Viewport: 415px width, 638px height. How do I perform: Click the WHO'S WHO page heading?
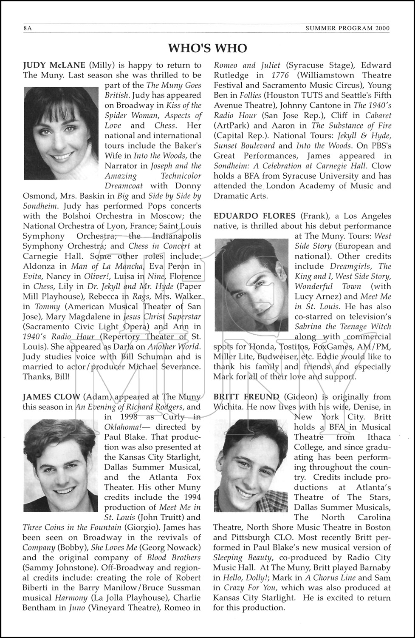pyautogui.click(x=207, y=48)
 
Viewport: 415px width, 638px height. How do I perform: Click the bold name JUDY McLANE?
pyautogui.click(x=54, y=65)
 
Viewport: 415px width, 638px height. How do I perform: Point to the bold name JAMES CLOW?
pyautogui.click(x=51, y=397)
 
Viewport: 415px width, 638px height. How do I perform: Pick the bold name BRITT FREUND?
pyautogui.click(x=246, y=397)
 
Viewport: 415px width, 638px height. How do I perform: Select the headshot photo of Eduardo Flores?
pyautogui.click(x=252, y=285)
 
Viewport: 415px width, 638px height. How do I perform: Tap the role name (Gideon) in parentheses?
pyautogui.click(x=300, y=397)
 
